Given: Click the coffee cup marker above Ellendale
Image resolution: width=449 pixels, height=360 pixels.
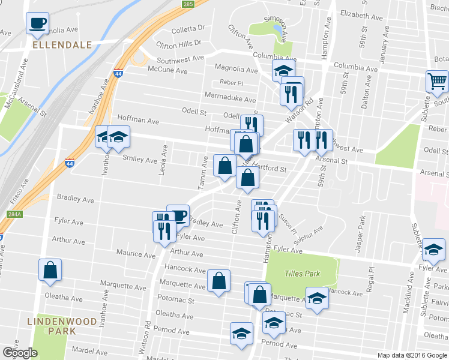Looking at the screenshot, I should (37, 23).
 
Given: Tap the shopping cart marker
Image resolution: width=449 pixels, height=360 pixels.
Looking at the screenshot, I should (437, 80).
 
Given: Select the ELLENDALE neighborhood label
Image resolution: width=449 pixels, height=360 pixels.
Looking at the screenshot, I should (62, 45).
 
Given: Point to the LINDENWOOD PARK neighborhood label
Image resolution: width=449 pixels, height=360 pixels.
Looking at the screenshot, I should (62, 326).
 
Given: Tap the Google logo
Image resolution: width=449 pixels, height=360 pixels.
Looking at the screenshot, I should (20, 352).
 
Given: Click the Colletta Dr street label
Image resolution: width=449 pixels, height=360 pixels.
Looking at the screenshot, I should (188, 28).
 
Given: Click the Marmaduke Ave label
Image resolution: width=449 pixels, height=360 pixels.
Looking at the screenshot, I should (230, 99).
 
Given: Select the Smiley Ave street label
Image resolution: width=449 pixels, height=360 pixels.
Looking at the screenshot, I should (140, 160).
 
